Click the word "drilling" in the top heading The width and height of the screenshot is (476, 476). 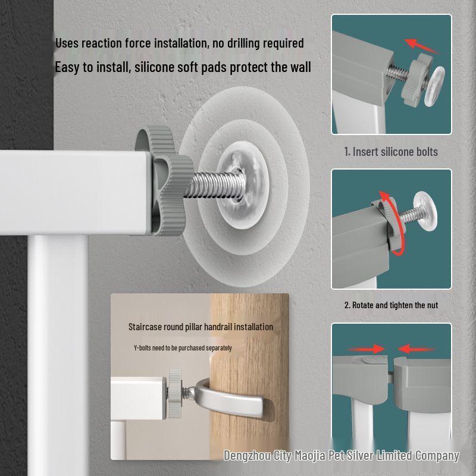[x=242, y=43]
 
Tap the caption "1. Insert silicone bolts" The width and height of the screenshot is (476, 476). [x=391, y=152]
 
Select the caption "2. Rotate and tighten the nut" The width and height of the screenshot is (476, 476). [x=391, y=305]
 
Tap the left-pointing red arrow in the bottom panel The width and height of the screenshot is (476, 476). [x=416, y=349]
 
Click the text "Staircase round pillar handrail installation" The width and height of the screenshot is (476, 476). [x=201, y=327]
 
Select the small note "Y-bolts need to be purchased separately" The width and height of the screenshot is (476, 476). [x=183, y=348]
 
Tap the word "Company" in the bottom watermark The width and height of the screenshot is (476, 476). [x=437, y=456]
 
